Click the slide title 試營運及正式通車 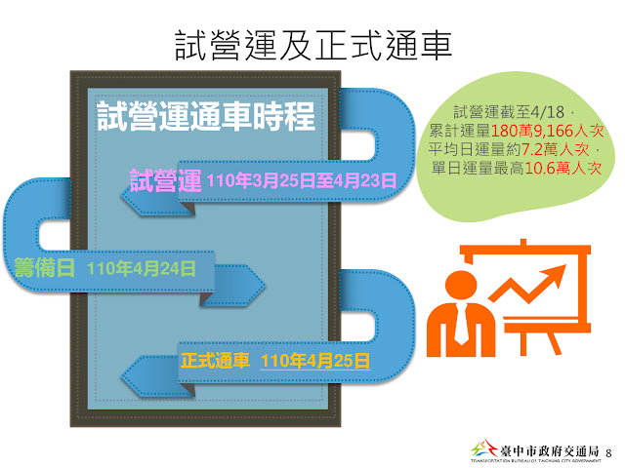[312, 44]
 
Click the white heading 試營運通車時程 [206, 118]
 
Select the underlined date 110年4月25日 [315, 360]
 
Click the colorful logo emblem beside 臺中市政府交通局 [480, 450]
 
